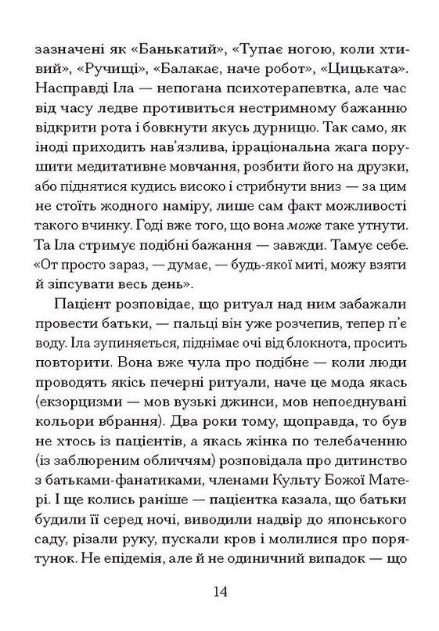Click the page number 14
click(x=219, y=591)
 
